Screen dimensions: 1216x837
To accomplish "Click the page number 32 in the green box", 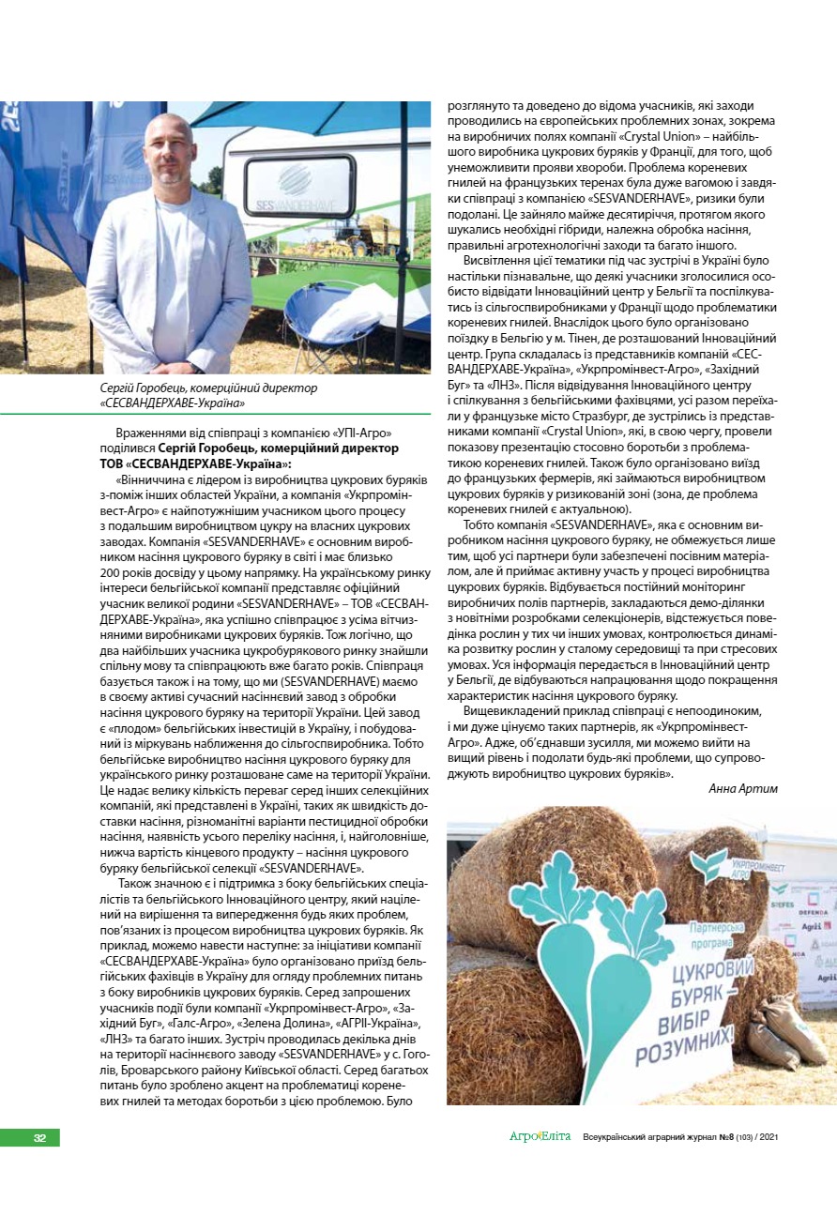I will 39,1137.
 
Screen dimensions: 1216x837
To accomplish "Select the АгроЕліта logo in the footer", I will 540,1137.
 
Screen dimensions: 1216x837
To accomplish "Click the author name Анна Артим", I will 742,788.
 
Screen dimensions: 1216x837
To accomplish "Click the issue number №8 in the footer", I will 726,1137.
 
